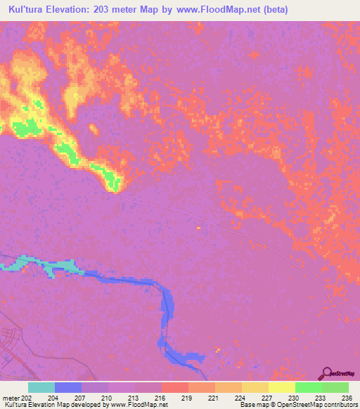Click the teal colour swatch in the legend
pyautogui.click(x=41, y=387)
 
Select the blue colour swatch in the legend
pyautogui.click(x=68, y=387)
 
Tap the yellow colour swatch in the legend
pyautogui.click(x=282, y=387)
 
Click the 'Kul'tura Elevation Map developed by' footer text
pyautogui.click(x=53, y=405)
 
